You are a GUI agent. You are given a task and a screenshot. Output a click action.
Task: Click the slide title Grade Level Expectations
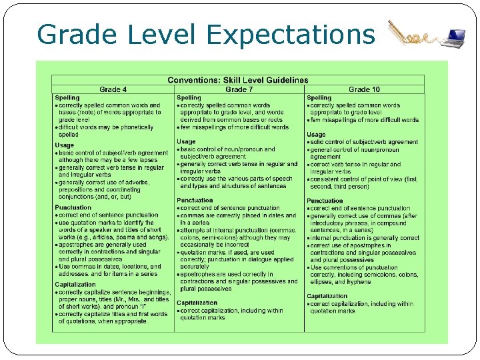[x=206, y=33]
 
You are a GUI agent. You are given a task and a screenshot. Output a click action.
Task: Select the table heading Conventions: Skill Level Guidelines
[x=238, y=80]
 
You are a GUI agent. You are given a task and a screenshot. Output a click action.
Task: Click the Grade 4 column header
[x=113, y=89]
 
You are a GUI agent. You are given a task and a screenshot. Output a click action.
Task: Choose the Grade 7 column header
[x=239, y=89]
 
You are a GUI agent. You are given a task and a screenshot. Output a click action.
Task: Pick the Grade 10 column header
[x=365, y=89]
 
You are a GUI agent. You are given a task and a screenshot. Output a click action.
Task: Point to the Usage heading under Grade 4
[x=65, y=145]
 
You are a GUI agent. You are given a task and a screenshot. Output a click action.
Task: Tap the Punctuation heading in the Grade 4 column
[x=73, y=208]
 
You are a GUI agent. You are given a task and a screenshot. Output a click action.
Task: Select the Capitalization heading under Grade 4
[x=75, y=285]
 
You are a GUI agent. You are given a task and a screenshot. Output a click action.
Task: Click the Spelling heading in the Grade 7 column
[x=189, y=98]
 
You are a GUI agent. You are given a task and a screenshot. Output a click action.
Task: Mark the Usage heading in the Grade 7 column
[x=186, y=141]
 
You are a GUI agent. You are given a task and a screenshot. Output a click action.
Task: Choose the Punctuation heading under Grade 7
[x=195, y=201]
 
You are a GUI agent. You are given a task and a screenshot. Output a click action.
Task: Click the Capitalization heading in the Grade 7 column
[x=197, y=303]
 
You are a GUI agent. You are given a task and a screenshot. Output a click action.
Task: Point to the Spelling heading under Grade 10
[x=319, y=98]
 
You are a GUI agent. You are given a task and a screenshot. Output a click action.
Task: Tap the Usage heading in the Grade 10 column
[x=317, y=135]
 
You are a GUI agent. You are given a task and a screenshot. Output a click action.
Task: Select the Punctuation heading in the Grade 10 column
[x=325, y=201]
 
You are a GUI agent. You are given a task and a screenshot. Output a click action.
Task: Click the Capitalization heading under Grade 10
[x=327, y=296]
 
